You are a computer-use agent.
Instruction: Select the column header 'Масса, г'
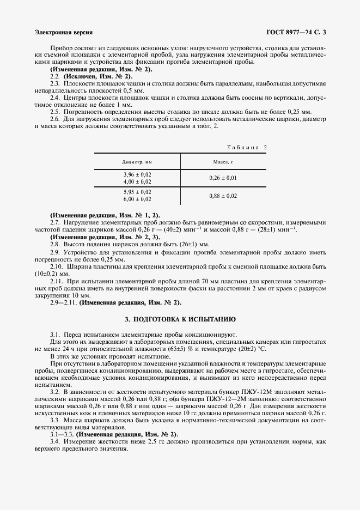click(x=223, y=162)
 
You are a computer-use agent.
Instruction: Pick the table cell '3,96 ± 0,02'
click(x=137, y=174)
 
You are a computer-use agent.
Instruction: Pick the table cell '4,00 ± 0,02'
click(x=137, y=181)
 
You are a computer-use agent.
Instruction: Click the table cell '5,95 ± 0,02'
click(x=137, y=192)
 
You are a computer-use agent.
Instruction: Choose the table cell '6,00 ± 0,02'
click(x=137, y=199)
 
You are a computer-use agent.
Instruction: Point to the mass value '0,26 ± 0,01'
click(x=223, y=178)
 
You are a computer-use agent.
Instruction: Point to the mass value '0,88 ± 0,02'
click(x=223, y=196)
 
